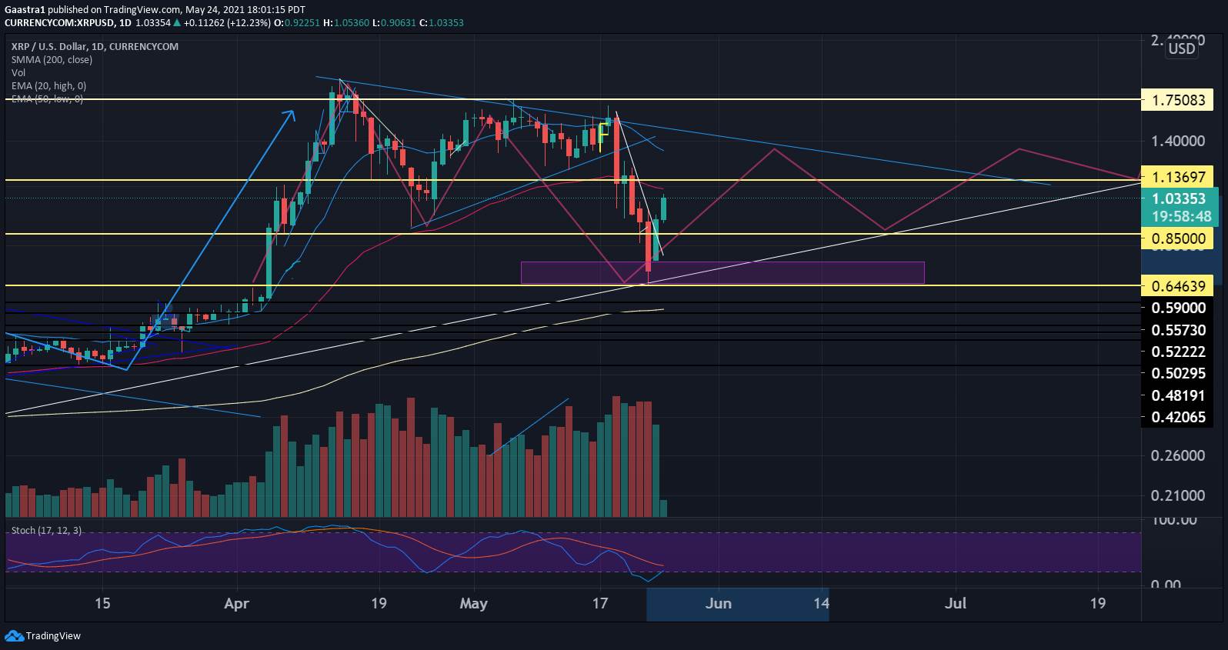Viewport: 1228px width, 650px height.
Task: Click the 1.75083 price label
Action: pos(1178,100)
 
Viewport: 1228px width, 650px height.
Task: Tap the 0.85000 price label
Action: pos(1178,239)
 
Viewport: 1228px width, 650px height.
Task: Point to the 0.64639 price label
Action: pos(1178,286)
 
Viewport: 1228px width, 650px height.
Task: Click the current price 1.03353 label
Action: pos(1178,199)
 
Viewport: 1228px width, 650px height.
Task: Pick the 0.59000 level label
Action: pos(1178,308)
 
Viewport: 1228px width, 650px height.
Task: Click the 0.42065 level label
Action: pos(1178,418)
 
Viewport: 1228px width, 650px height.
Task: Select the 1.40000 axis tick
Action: pos(1178,141)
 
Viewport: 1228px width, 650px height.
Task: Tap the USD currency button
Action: pos(1182,49)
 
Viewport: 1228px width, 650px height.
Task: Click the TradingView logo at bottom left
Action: pos(43,636)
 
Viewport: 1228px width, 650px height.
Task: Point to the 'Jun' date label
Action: pos(718,604)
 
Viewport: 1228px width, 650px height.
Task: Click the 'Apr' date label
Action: pos(236,604)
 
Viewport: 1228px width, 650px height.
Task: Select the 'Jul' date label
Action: pos(956,604)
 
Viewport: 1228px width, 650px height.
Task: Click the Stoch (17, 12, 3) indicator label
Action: pos(46,531)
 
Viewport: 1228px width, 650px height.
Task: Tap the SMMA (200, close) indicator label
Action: pos(52,59)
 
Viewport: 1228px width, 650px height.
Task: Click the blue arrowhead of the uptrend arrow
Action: pos(291,115)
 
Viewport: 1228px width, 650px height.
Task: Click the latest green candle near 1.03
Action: pos(664,208)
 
